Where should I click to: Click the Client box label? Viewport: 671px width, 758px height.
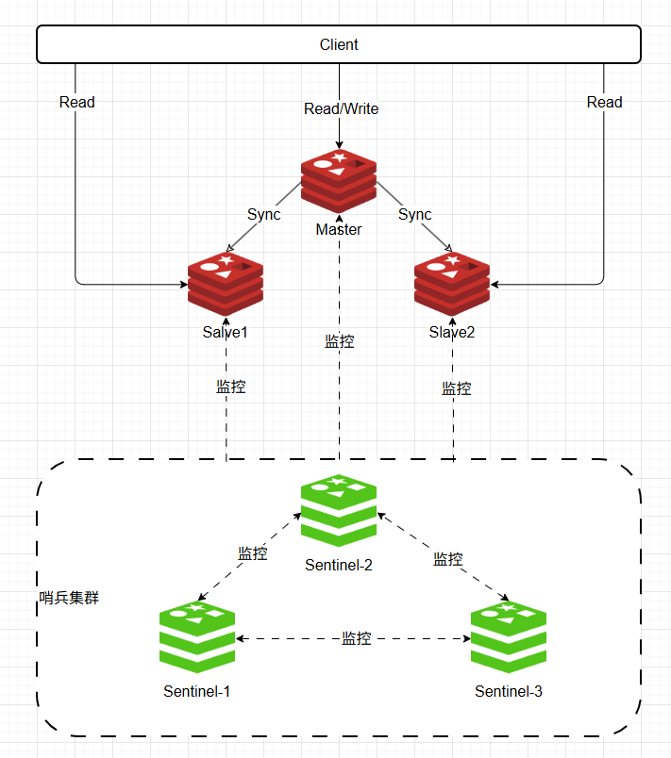[x=339, y=44]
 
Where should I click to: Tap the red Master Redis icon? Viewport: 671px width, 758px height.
[x=339, y=181]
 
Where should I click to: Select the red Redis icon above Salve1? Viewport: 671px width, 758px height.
[x=226, y=284]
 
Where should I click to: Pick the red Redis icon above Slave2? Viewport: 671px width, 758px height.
[x=452, y=284]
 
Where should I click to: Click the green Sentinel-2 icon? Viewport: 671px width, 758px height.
[x=339, y=510]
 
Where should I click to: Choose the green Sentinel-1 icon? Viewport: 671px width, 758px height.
[x=197, y=636]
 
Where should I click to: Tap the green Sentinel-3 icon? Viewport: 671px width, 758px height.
[x=509, y=636]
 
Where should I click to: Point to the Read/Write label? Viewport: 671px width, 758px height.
[x=341, y=108]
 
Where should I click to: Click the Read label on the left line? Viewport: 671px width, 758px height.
[x=77, y=102]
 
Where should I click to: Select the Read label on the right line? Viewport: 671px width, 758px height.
[x=604, y=102]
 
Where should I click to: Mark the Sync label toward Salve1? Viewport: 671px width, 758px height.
[x=263, y=214]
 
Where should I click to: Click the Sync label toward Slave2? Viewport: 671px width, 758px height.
[x=414, y=214]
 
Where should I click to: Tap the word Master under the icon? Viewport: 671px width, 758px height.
[x=339, y=229]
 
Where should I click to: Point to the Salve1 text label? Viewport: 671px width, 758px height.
[x=225, y=332]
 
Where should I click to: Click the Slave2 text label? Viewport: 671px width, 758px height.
[x=452, y=332]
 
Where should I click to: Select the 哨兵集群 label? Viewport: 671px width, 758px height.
[x=69, y=598]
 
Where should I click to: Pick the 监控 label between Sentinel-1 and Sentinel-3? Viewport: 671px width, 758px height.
[x=357, y=638]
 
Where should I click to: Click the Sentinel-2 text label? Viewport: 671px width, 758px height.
[x=339, y=565]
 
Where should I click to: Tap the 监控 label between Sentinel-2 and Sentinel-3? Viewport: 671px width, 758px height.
[x=448, y=559]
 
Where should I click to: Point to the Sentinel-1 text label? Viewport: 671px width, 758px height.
[x=197, y=691]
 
